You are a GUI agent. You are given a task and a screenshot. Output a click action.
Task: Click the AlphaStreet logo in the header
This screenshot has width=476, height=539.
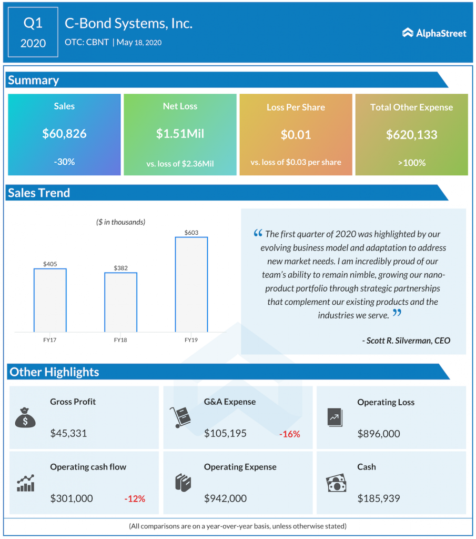pyautogui.click(x=434, y=33)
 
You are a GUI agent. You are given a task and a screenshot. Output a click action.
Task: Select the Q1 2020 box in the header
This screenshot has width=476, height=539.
pyautogui.click(x=33, y=32)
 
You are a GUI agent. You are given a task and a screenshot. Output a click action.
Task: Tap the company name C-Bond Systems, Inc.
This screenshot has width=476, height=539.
pyautogui.click(x=128, y=23)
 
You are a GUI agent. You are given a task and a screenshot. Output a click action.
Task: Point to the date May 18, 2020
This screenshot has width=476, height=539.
pyautogui.click(x=139, y=43)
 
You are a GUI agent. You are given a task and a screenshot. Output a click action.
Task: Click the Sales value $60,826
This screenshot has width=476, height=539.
pyautogui.click(x=64, y=134)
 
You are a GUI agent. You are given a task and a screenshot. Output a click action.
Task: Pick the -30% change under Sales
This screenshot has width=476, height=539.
pyautogui.click(x=64, y=162)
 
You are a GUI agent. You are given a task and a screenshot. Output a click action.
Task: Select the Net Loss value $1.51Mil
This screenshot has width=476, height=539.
pyautogui.click(x=180, y=134)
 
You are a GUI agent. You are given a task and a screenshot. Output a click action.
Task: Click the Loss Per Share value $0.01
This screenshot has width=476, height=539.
pyautogui.click(x=296, y=135)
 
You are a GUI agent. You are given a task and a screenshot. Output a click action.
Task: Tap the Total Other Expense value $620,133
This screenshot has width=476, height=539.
pyautogui.click(x=411, y=135)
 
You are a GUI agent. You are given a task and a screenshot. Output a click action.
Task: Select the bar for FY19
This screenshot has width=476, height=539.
pyautogui.click(x=191, y=284)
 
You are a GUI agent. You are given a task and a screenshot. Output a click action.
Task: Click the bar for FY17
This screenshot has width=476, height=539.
pyautogui.click(x=50, y=300)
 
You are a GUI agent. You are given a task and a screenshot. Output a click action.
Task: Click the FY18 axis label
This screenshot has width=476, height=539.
pyautogui.click(x=120, y=341)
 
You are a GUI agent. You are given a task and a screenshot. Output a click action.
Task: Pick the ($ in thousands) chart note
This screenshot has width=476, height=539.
pyautogui.click(x=120, y=222)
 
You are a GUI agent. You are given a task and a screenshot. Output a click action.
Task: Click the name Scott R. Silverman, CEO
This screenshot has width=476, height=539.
pyautogui.click(x=406, y=341)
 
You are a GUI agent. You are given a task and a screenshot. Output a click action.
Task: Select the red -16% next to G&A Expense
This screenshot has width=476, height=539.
pyautogui.click(x=289, y=434)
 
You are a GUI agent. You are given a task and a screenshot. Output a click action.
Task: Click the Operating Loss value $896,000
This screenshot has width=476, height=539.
pyautogui.click(x=378, y=434)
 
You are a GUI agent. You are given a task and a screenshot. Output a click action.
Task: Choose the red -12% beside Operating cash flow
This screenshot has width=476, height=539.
pyautogui.click(x=135, y=498)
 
